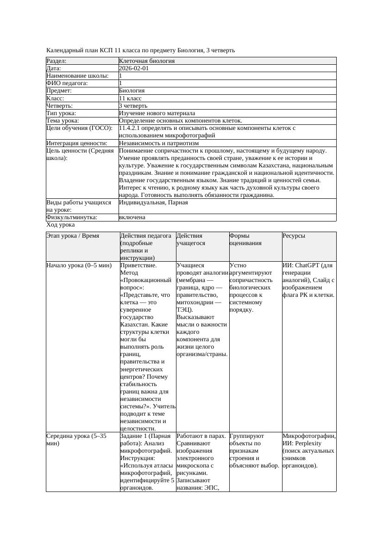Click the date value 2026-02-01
click(134, 68)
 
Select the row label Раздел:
click(56, 61)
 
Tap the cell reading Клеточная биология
click(147, 61)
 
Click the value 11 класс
click(130, 98)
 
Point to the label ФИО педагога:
click(67, 83)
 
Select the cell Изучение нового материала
click(157, 113)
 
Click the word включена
click(132, 217)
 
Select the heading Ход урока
click(61, 225)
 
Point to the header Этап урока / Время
click(73, 236)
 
